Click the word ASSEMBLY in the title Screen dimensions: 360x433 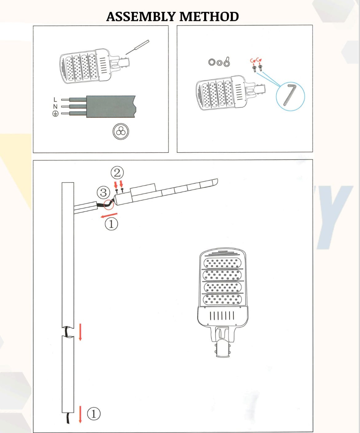(141, 17)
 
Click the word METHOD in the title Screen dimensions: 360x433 (209, 17)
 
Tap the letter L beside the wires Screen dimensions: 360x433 (55, 100)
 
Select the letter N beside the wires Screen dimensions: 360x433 (55, 107)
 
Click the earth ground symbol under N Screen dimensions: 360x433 (55, 114)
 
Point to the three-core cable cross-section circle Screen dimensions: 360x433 (121, 132)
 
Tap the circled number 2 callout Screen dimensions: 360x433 (117, 173)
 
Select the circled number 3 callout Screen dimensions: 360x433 (103, 193)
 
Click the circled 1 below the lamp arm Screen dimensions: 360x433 (111, 224)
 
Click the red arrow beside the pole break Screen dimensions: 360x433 (80, 332)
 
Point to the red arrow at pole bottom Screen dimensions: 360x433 (80, 414)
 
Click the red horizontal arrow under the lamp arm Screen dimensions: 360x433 (109, 215)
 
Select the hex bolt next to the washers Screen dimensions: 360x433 (227, 62)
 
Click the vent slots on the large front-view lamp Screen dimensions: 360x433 (222, 316)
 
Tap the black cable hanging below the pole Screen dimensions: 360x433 (68, 418)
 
